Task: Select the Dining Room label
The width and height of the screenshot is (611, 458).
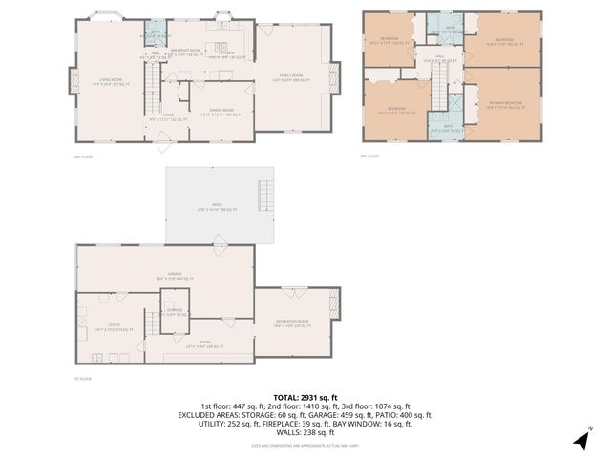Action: tap(221, 114)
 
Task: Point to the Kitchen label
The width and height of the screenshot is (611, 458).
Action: tap(226, 51)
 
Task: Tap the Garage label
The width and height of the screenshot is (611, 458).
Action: tap(175, 276)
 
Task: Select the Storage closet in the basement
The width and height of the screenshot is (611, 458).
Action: tap(175, 311)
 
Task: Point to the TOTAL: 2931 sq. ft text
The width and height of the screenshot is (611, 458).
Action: tap(305, 397)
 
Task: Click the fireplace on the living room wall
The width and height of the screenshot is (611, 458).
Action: tap(70, 82)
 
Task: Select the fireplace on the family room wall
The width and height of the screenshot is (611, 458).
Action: tap(334, 77)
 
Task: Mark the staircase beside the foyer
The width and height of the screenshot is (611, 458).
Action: tap(154, 95)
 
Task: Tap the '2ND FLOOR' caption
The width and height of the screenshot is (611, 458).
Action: tap(83, 156)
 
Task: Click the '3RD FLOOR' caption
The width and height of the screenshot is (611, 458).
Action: tap(370, 156)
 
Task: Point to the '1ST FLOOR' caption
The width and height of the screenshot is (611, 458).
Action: tap(83, 378)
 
